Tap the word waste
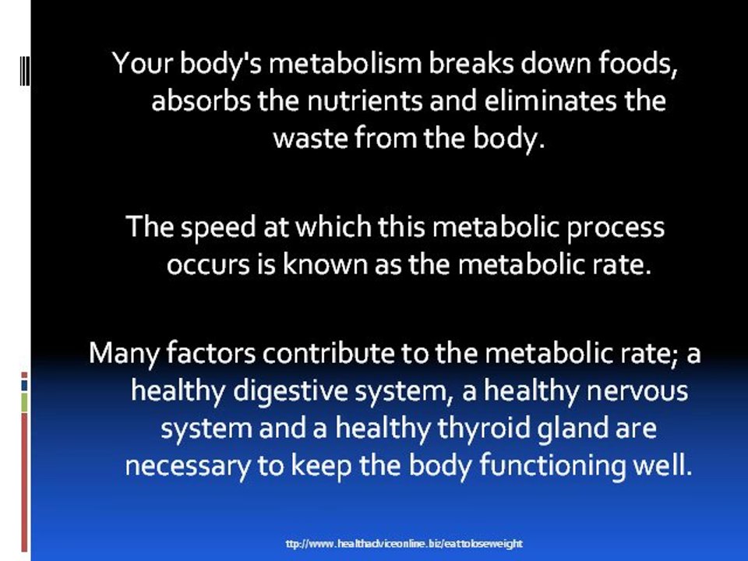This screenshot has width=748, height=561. [310, 139]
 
